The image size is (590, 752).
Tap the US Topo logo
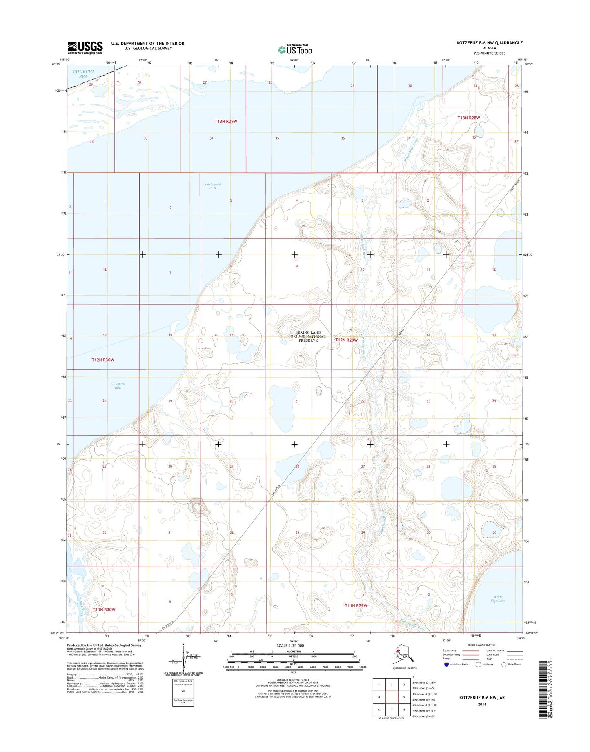(295, 49)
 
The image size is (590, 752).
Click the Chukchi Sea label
(83, 74)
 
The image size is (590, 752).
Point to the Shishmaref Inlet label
(212, 186)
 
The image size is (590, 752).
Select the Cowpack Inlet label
(118, 385)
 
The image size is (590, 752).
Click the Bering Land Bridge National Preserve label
(308, 336)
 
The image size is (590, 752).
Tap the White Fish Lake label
(498, 598)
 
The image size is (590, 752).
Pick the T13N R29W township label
(226, 121)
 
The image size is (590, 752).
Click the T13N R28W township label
(468, 118)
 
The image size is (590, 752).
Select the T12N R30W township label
(103, 360)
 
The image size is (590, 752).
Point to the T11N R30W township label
(104, 610)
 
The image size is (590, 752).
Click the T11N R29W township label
(356, 605)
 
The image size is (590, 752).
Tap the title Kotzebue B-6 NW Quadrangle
(490, 43)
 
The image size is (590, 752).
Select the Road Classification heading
(482, 645)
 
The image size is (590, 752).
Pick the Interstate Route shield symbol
(446, 664)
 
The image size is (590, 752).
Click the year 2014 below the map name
(482, 704)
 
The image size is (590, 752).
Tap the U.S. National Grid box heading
(183, 681)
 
